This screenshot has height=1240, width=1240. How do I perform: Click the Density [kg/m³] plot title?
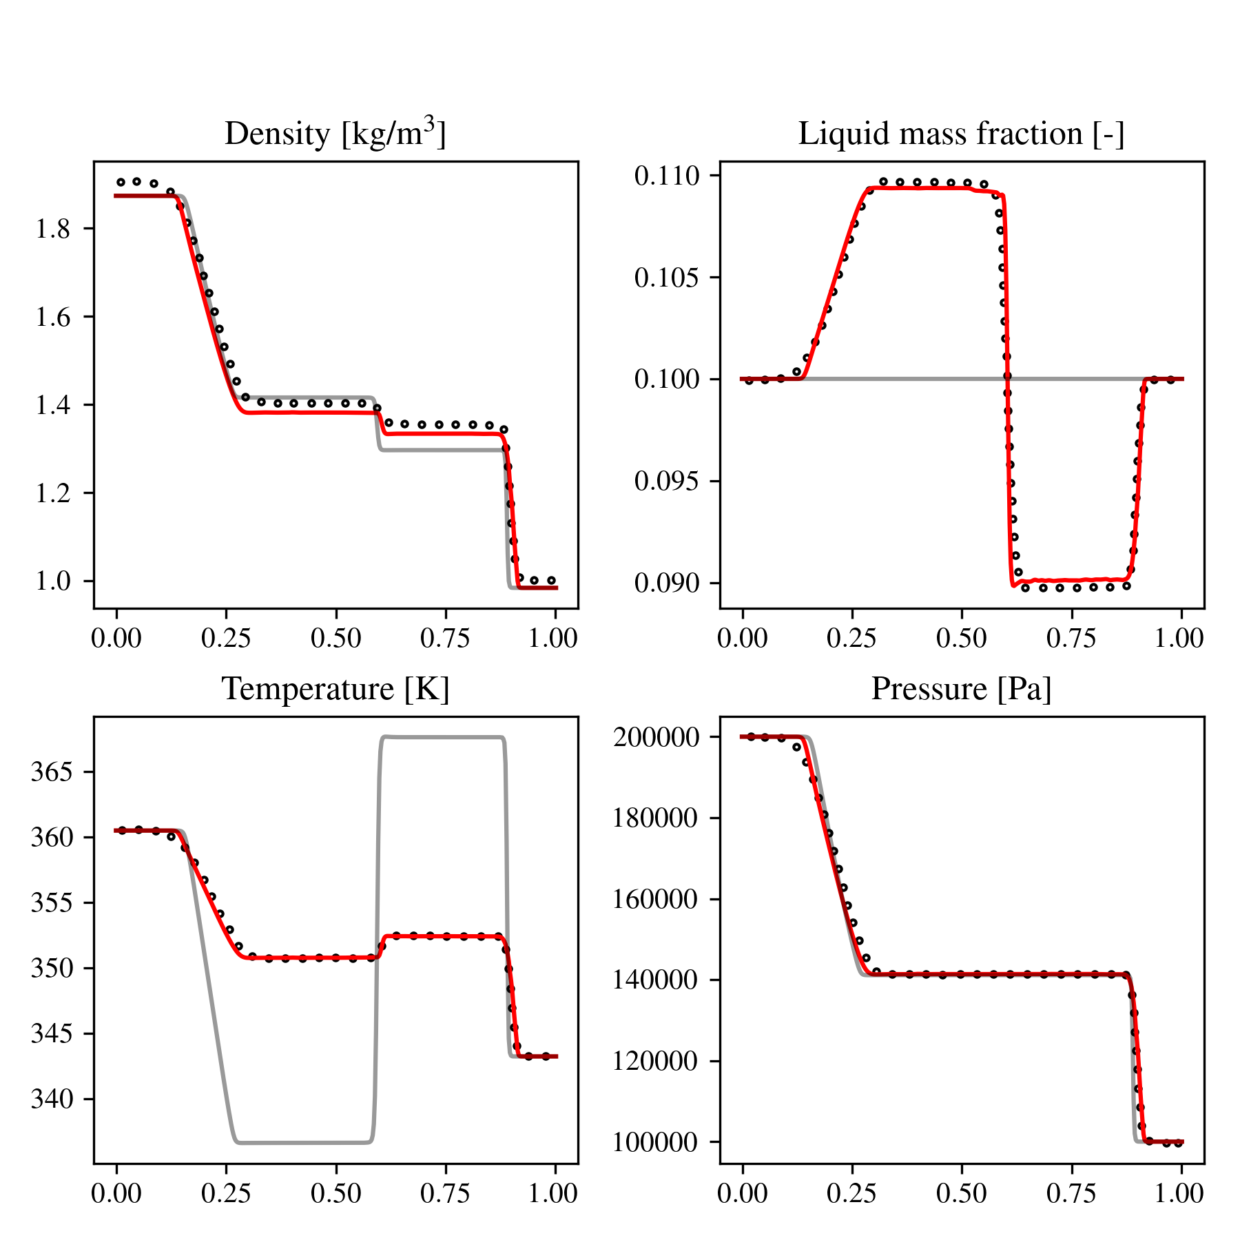click(x=335, y=133)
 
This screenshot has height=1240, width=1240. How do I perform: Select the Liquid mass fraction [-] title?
click(x=962, y=134)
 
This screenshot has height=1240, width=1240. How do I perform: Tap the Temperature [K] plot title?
click(x=335, y=689)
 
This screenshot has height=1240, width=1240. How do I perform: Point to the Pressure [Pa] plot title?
click(x=962, y=689)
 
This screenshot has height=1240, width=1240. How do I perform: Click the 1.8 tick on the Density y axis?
click(x=53, y=229)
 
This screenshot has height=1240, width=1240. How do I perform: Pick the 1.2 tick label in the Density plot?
click(x=53, y=493)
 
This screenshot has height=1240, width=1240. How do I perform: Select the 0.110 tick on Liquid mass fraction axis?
click(x=666, y=176)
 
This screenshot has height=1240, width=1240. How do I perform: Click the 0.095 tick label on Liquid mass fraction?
click(x=666, y=481)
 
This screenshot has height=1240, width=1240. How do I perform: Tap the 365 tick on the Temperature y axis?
click(x=51, y=772)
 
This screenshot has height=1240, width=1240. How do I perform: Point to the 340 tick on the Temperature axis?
click(x=51, y=1099)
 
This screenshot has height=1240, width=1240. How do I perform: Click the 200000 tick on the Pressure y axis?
click(x=656, y=737)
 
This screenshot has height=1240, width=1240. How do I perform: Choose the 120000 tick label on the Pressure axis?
click(x=656, y=1062)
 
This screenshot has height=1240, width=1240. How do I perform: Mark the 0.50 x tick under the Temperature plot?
click(x=336, y=1193)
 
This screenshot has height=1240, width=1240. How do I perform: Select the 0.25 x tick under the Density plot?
click(x=227, y=638)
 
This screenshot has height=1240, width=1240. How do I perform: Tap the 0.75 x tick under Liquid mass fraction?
click(x=1072, y=638)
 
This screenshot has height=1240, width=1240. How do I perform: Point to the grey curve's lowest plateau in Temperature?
click(x=303, y=1143)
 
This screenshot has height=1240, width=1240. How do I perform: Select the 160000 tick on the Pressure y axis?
click(x=656, y=900)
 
